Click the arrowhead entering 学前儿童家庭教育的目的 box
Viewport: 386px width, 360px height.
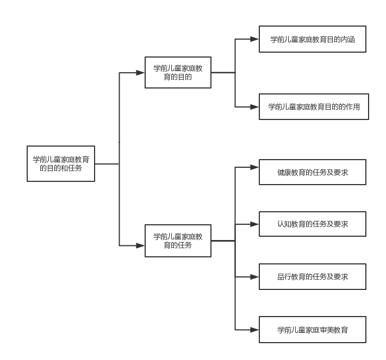140,73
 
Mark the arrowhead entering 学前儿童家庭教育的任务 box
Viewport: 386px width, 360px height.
140,245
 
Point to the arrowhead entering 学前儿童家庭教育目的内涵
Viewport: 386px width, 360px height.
254,39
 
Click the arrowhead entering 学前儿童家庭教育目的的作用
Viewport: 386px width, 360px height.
254,107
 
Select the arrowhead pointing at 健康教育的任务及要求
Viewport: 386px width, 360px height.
254,167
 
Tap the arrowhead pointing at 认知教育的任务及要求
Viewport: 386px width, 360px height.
254,224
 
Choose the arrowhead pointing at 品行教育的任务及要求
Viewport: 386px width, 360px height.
254,277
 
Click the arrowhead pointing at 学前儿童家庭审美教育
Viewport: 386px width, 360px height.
254,330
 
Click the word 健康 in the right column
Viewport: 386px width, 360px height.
284,172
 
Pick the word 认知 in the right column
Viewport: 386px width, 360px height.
284,224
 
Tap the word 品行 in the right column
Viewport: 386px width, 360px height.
284,276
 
